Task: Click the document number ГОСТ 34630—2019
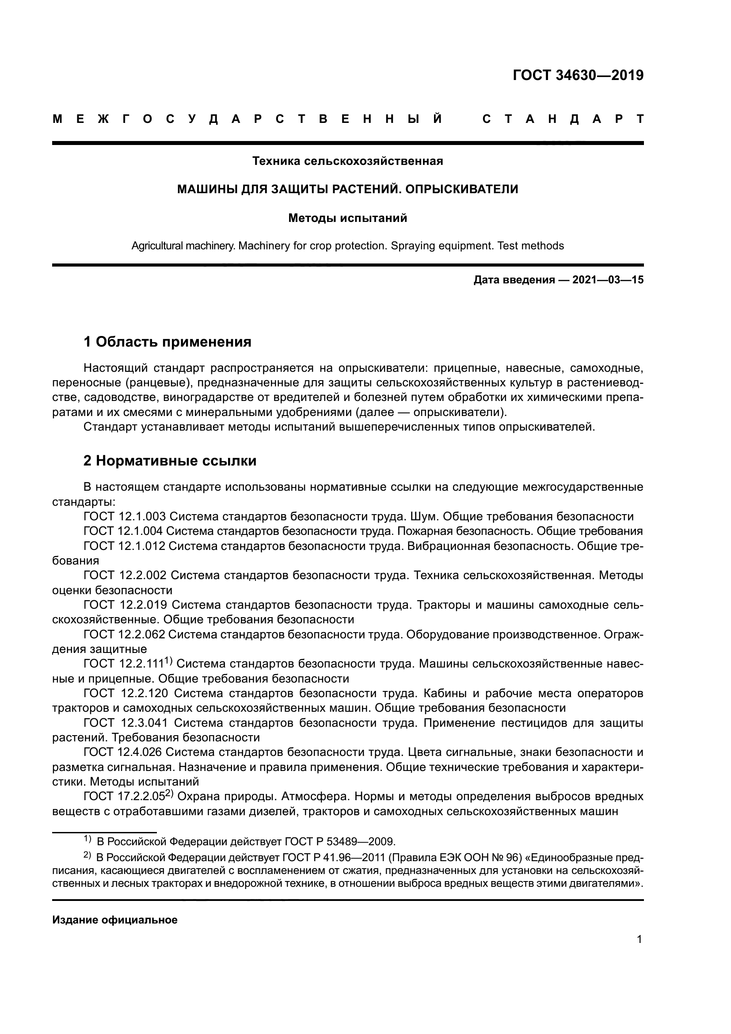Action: click(578, 75)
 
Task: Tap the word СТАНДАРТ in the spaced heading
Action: click(563, 119)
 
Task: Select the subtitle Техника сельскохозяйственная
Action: click(347, 161)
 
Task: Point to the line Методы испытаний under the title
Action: click(347, 218)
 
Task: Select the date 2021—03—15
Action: click(608, 280)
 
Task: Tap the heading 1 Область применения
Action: click(168, 342)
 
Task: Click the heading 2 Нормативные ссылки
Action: click(170, 461)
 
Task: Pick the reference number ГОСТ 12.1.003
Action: click(125, 516)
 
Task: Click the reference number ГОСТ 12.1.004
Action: click(125, 531)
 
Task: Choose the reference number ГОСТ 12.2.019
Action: click(126, 605)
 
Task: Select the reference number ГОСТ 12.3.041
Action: click(126, 723)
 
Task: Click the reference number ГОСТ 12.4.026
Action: click(125, 752)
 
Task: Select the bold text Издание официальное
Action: click(115, 920)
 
